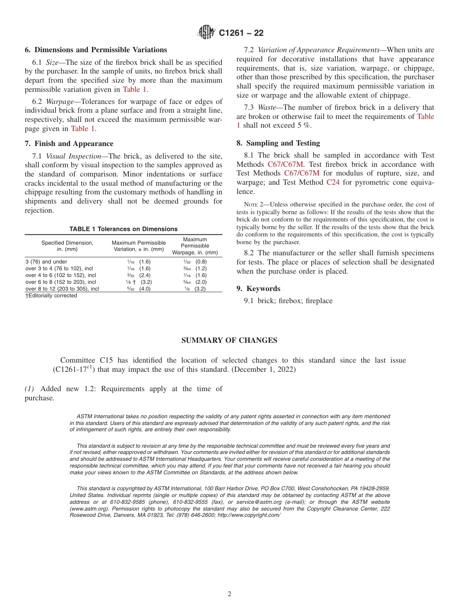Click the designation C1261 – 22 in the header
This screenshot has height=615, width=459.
tap(241, 33)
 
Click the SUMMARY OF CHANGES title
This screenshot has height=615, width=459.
tap(229, 340)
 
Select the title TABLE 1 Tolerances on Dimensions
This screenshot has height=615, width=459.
tap(123, 229)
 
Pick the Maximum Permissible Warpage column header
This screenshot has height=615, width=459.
tap(195, 246)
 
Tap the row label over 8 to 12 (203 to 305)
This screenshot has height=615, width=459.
tap(62, 289)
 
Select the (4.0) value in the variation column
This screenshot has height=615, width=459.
tap(145, 289)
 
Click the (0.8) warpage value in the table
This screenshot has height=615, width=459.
tap(201, 262)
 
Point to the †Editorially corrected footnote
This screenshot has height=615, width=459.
tap(51, 296)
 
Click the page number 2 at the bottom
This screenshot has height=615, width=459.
tap(229, 594)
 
